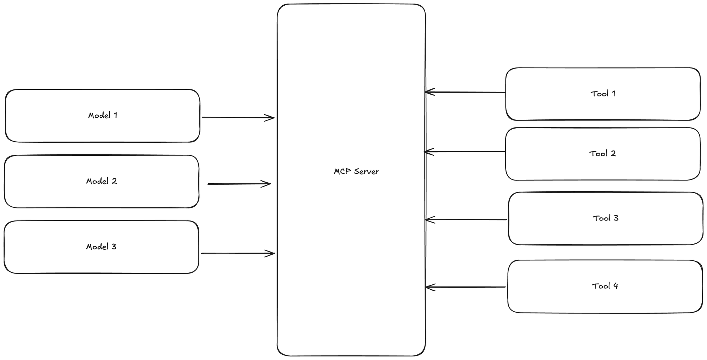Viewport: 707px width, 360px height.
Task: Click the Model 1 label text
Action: tap(103, 116)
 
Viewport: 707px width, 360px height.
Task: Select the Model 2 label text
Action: tap(101, 181)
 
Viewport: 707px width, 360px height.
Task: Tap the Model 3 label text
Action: tap(101, 247)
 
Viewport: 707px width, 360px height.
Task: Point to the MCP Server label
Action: tap(356, 172)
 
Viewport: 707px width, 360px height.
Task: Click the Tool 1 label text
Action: tap(603, 94)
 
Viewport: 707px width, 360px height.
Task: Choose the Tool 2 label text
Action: tap(602, 154)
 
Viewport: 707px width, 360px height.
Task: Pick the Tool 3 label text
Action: tap(605, 218)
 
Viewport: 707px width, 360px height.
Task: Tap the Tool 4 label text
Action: tap(605, 286)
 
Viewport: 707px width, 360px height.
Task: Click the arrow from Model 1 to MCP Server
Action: tap(237, 118)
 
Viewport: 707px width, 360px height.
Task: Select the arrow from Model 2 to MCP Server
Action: tap(239, 184)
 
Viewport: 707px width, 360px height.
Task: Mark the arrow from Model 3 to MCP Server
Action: tap(237, 253)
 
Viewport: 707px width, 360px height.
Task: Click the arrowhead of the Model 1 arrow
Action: tap(271, 118)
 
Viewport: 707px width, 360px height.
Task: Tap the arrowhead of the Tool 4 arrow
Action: tap(429, 287)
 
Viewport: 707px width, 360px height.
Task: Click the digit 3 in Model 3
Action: tap(113, 247)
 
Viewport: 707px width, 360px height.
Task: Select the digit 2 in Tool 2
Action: tap(613, 154)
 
